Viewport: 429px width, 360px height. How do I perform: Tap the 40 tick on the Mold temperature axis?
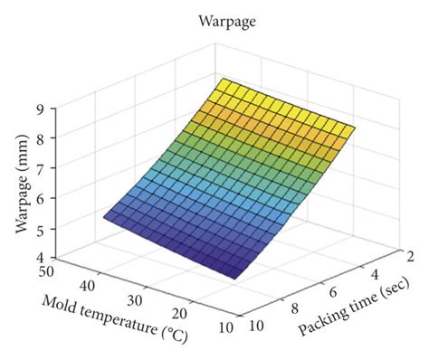(x=88, y=283)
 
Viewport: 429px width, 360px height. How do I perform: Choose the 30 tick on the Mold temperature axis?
(x=133, y=298)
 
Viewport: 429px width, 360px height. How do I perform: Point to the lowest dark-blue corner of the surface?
(x=237, y=278)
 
